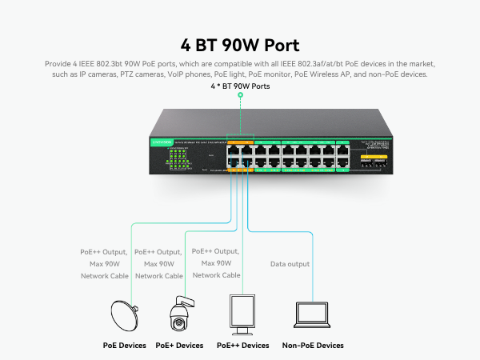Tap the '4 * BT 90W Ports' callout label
click(x=239, y=86)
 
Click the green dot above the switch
click(x=239, y=95)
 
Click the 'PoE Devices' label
click(x=124, y=346)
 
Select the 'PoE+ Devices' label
click(x=180, y=346)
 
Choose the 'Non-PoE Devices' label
click(x=313, y=346)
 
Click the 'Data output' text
click(x=290, y=263)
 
